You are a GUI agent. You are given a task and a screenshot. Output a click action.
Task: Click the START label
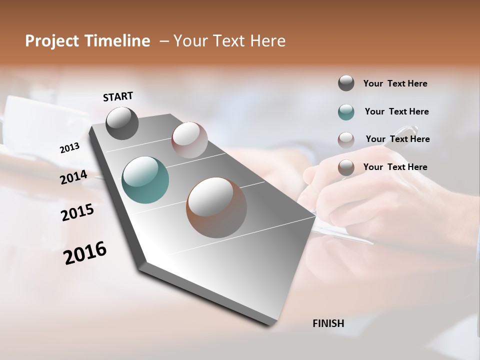coord(118,96)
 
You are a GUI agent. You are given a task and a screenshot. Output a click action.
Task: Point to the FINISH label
coord(328,323)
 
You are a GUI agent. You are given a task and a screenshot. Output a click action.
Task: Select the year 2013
coord(70,148)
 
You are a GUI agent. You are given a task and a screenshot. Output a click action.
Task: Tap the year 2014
coord(73,177)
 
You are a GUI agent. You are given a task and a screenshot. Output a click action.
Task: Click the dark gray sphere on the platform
coord(122,123)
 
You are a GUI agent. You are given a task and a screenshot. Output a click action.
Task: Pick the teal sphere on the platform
coord(145,180)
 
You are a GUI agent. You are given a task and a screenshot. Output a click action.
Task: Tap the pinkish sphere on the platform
coord(189,140)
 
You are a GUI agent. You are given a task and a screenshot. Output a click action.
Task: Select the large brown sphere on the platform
coord(216,207)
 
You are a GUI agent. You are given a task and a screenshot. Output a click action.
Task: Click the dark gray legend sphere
coord(346,83)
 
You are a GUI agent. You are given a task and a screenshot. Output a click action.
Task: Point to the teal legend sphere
coord(346,112)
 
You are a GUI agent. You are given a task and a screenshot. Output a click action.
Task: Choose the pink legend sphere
coord(346,139)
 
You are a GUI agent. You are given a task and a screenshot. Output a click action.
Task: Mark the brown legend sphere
coord(346,167)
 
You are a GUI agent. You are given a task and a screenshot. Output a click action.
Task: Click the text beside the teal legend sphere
coord(396,111)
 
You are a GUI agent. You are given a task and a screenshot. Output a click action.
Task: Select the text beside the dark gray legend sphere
coord(395,83)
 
